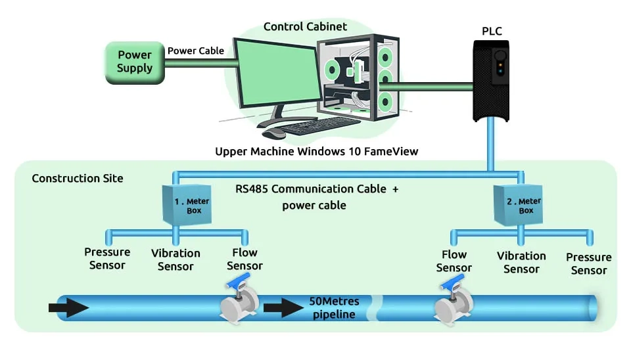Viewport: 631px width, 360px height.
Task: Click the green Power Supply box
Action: point(135,62)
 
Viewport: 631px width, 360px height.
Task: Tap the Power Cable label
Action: point(196,51)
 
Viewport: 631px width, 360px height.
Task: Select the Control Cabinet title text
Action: point(305,27)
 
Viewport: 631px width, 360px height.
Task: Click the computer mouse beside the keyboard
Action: point(273,133)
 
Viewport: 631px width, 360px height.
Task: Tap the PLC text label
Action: point(492,30)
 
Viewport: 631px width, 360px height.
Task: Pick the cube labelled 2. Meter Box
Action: point(520,206)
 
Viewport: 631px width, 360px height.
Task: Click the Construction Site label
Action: point(78,178)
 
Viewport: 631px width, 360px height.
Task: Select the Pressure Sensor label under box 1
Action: point(107,259)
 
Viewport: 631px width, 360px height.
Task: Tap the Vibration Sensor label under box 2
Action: point(521,262)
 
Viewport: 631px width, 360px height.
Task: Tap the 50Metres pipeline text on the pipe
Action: point(334,307)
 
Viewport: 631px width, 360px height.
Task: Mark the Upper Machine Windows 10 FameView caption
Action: point(317,151)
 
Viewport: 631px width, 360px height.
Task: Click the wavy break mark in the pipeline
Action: point(377,307)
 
